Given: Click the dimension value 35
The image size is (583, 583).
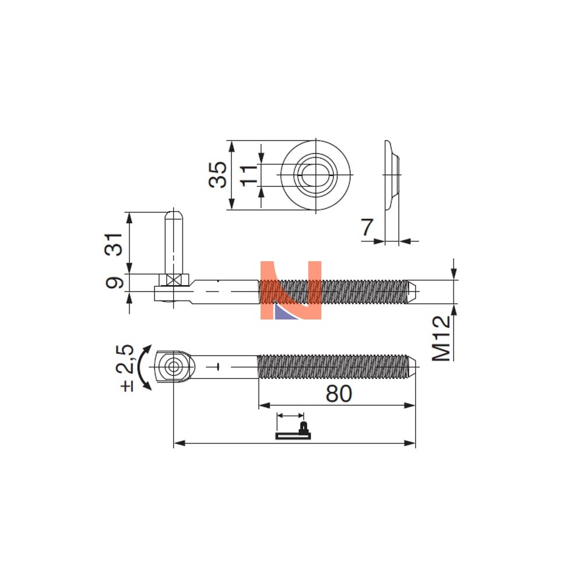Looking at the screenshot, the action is click(217, 174).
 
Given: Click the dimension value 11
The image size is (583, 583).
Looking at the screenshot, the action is click(248, 175).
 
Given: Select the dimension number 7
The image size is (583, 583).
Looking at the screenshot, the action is click(367, 227).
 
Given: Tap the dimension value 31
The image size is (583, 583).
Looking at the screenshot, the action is click(113, 244).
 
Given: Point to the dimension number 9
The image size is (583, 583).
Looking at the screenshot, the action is click(114, 283).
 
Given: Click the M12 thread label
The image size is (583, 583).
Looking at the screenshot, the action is click(441, 338).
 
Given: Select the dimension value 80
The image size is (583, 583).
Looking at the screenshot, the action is click(338, 394).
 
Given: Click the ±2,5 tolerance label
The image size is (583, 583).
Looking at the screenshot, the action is click(127, 368).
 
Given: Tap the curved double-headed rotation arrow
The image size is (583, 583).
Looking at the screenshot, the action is click(143, 367).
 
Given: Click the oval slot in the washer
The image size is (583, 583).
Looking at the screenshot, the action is click(311, 175).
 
